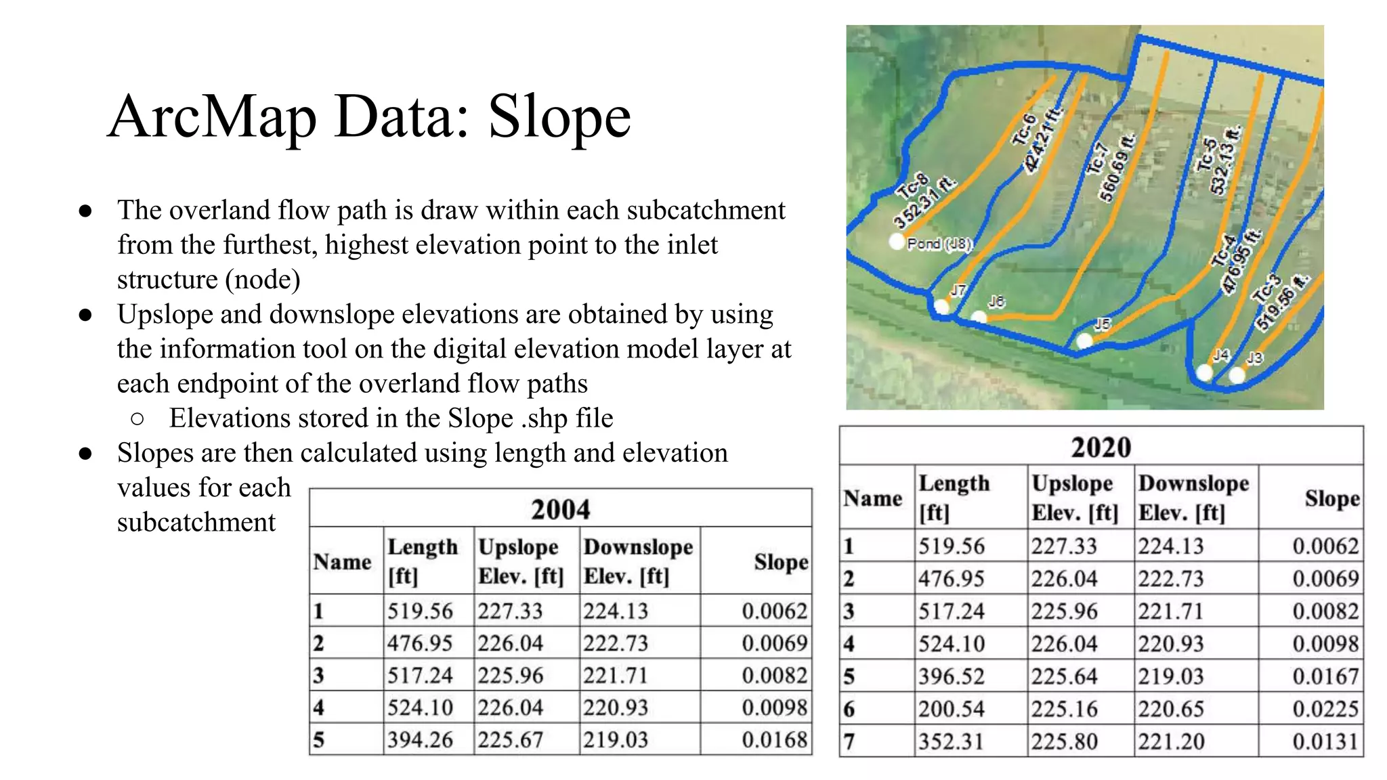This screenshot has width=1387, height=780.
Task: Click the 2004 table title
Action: click(560, 509)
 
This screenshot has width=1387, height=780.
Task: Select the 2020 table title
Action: click(1101, 447)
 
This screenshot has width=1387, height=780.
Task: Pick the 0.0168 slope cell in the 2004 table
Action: click(774, 739)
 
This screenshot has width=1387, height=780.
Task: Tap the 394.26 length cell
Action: click(420, 739)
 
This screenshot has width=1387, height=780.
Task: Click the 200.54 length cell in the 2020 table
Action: click(951, 709)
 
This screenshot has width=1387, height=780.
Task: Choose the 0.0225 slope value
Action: click(1325, 709)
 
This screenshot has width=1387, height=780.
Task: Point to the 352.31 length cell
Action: click(951, 741)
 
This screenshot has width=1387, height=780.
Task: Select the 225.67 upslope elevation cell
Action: click(510, 739)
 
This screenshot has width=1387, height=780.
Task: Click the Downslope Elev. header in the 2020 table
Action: click(1193, 498)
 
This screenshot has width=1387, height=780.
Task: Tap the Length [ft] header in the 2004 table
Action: click(422, 561)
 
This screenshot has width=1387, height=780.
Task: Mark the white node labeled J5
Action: click(1084, 341)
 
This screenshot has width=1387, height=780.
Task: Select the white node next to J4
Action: click(1204, 372)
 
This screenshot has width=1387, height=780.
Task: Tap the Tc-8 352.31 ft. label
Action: click(920, 201)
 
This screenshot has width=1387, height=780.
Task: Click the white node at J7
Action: click(941, 307)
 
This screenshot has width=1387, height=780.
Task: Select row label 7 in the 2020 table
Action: click(849, 741)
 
